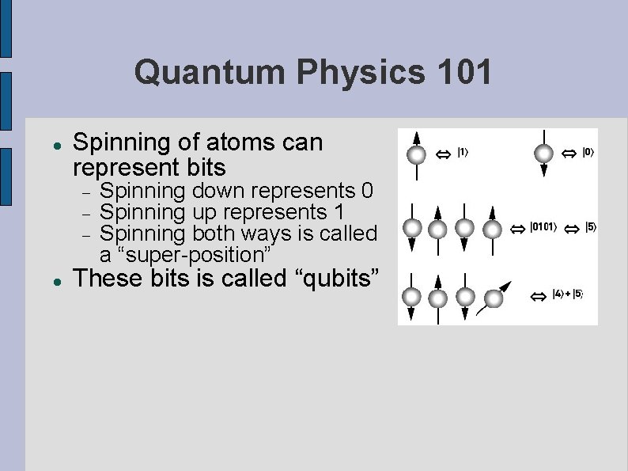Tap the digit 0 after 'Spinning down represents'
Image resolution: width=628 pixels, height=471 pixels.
367,192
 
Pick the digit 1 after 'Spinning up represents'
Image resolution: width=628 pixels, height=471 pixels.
338,213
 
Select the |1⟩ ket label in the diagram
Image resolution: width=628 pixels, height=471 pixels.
463,152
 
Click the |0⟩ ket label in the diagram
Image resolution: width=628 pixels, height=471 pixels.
588,152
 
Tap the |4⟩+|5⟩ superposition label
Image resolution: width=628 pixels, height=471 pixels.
568,294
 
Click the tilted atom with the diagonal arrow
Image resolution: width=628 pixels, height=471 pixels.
493,298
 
